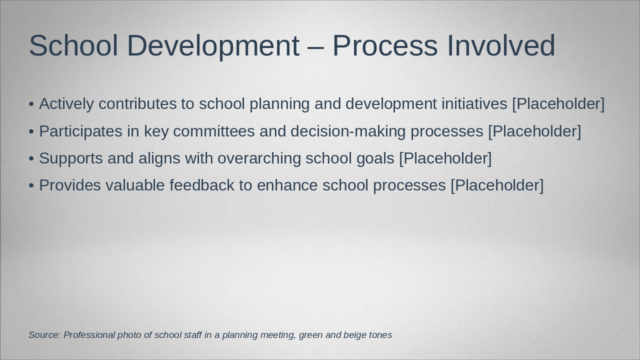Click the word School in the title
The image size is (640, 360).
73,45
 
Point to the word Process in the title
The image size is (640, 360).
385,45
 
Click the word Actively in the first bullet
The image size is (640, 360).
66,104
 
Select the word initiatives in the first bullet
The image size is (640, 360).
474,104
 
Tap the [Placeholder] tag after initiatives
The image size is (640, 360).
558,104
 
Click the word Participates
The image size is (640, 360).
80,131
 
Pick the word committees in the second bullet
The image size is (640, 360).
213,131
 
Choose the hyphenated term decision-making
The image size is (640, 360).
348,131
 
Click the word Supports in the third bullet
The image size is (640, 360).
71,159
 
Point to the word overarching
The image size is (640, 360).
259,159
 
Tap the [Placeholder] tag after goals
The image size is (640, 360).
445,158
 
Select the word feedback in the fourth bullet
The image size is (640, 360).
202,185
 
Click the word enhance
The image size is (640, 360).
287,185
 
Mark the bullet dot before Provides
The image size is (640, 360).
31,185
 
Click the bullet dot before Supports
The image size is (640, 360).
31,159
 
